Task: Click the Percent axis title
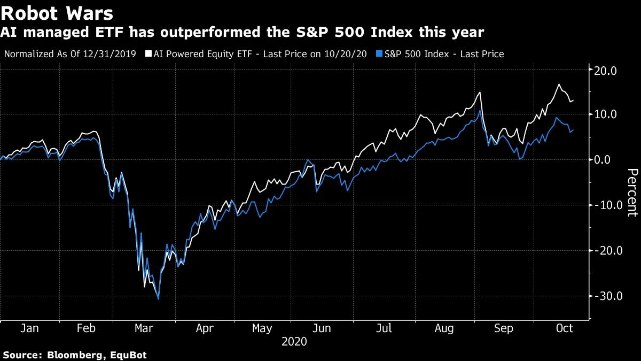[x=632, y=193]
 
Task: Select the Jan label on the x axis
[x=29, y=328]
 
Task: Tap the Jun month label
[x=320, y=328]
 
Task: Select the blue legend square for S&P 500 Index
[x=379, y=54]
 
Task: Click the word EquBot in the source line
[x=128, y=355]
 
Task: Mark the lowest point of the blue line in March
[x=158, y=298]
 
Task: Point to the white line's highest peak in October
[x=559, y=85]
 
